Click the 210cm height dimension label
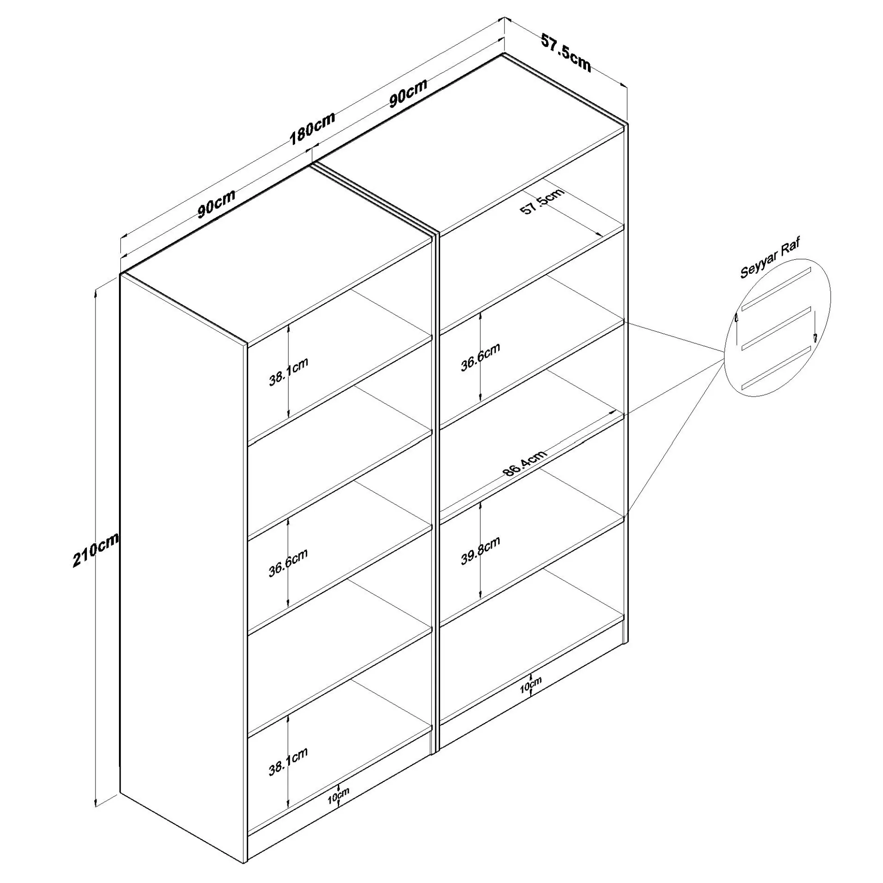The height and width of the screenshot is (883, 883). (x=96, y=550)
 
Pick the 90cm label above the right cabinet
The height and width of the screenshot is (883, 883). (x=408, y=93)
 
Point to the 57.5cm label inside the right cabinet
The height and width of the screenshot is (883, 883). (x=542, y=202)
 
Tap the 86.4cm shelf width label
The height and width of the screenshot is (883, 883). (x=525, y=463)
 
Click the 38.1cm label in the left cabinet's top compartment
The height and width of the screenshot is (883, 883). (x=288, y=371)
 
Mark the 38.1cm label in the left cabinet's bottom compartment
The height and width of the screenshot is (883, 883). (x=288, y=761)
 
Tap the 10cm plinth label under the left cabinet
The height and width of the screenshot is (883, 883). (x=338, y=796)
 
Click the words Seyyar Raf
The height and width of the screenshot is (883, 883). (x=770, y=258)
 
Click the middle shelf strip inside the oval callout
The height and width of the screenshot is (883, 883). (x=776, y=328)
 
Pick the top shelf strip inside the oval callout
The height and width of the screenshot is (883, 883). (x=776, y=289)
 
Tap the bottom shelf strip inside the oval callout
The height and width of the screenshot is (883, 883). (x=776, y=367)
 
